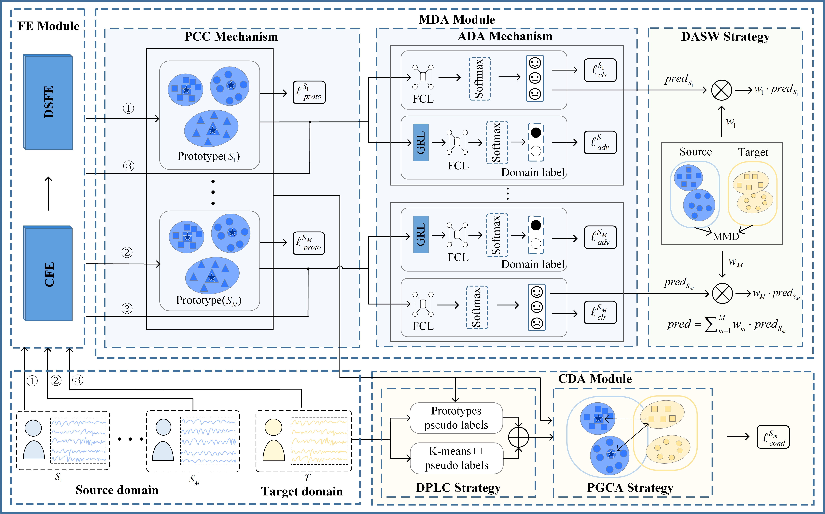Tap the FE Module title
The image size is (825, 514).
click(48, 26)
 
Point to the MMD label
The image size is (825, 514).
click(726, 236)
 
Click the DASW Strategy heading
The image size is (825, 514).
click(725, 37)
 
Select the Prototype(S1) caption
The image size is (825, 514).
click(208, 156)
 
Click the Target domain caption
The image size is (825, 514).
click(302, 492)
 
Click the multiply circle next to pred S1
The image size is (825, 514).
click(721, 90)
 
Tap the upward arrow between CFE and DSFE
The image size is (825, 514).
click(49, 193)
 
